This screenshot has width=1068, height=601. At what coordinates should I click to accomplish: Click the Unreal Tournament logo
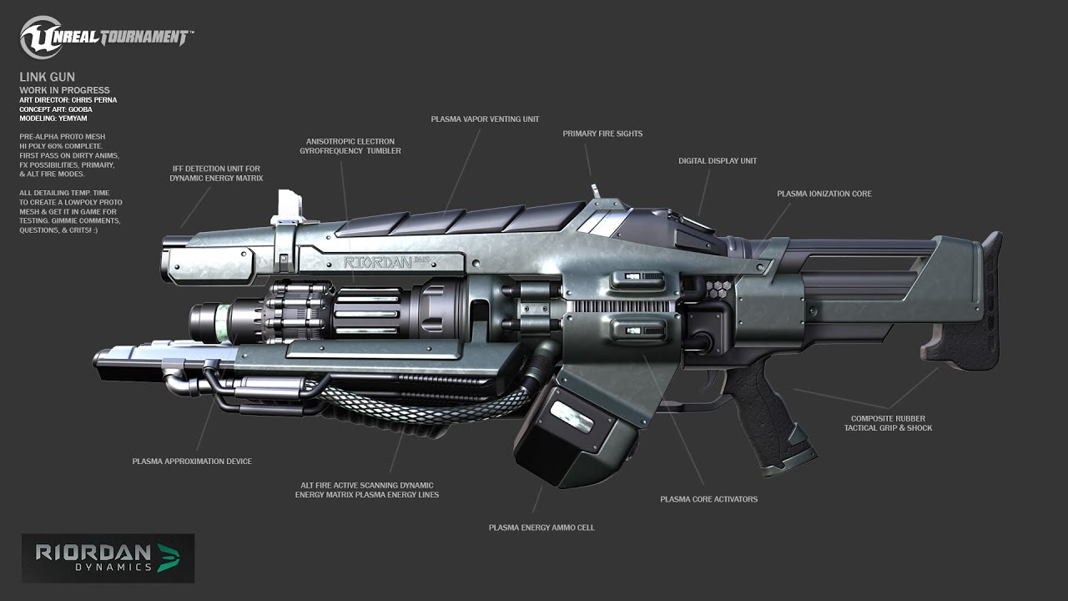tap(107, 38)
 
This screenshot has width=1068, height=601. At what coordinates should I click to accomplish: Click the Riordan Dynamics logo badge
tap(108, 558)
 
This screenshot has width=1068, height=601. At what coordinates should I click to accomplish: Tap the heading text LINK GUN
tap(48, 78)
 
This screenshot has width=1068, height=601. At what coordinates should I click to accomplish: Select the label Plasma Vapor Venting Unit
tap(485, 119)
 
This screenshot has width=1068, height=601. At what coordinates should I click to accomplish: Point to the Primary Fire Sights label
tap(602, 134)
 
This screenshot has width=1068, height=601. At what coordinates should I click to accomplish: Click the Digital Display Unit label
tap(718, 161)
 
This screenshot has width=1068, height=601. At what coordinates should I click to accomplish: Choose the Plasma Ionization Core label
tap(824, 194)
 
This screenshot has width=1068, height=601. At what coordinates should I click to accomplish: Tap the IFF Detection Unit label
tap(216, 174)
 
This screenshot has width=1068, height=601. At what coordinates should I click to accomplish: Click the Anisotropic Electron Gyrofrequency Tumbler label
tap(350, 146)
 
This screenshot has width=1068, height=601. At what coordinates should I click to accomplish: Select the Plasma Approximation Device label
tap(192, 462)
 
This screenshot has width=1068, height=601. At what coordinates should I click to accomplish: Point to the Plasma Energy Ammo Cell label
tap(542, 528)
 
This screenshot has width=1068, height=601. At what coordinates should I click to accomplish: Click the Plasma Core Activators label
tap(708, 499)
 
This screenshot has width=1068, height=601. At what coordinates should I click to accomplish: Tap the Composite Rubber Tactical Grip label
tap(888, 423)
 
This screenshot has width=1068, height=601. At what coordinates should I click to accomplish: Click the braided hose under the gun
tap(417, 407)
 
